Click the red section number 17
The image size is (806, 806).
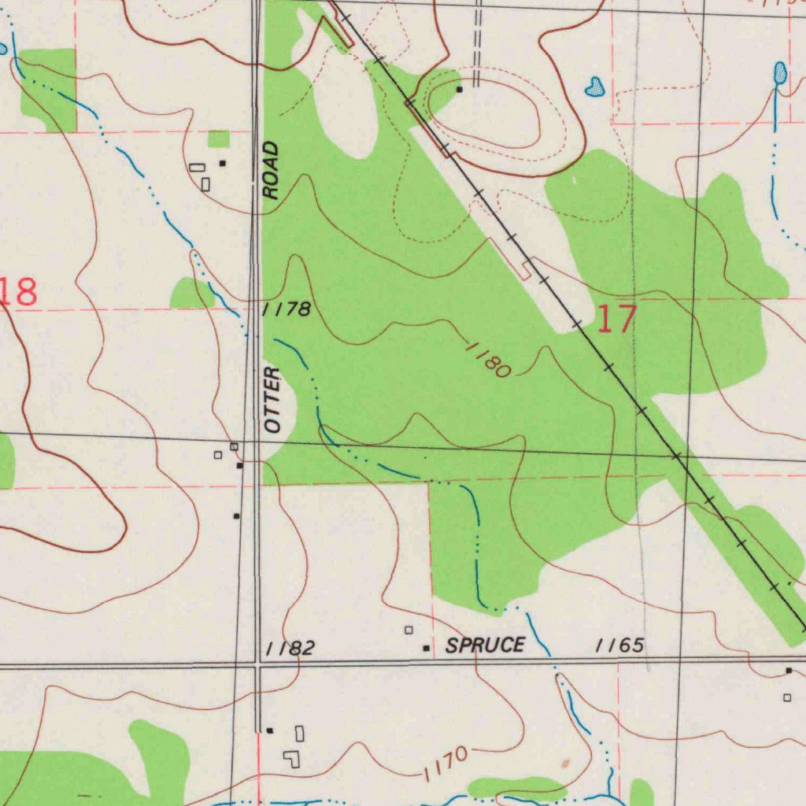616,320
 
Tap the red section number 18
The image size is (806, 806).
19,292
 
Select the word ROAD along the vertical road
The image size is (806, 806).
271,170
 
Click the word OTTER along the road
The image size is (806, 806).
273,399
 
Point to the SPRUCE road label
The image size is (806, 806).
485,646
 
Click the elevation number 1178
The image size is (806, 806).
287,309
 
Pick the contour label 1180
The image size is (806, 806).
489,360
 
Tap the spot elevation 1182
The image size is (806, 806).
290,649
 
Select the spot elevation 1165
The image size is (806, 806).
620,646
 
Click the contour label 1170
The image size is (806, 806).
445,764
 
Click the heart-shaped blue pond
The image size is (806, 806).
595,87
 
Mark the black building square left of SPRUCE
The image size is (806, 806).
427,649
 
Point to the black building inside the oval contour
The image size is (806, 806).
460,89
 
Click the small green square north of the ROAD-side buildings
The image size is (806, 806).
219,139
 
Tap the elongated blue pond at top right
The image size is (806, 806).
779,74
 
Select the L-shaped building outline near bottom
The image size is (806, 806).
293,759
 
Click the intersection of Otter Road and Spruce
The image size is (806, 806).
257,666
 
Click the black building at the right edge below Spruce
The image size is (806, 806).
789,671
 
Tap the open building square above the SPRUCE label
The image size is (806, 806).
409,630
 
